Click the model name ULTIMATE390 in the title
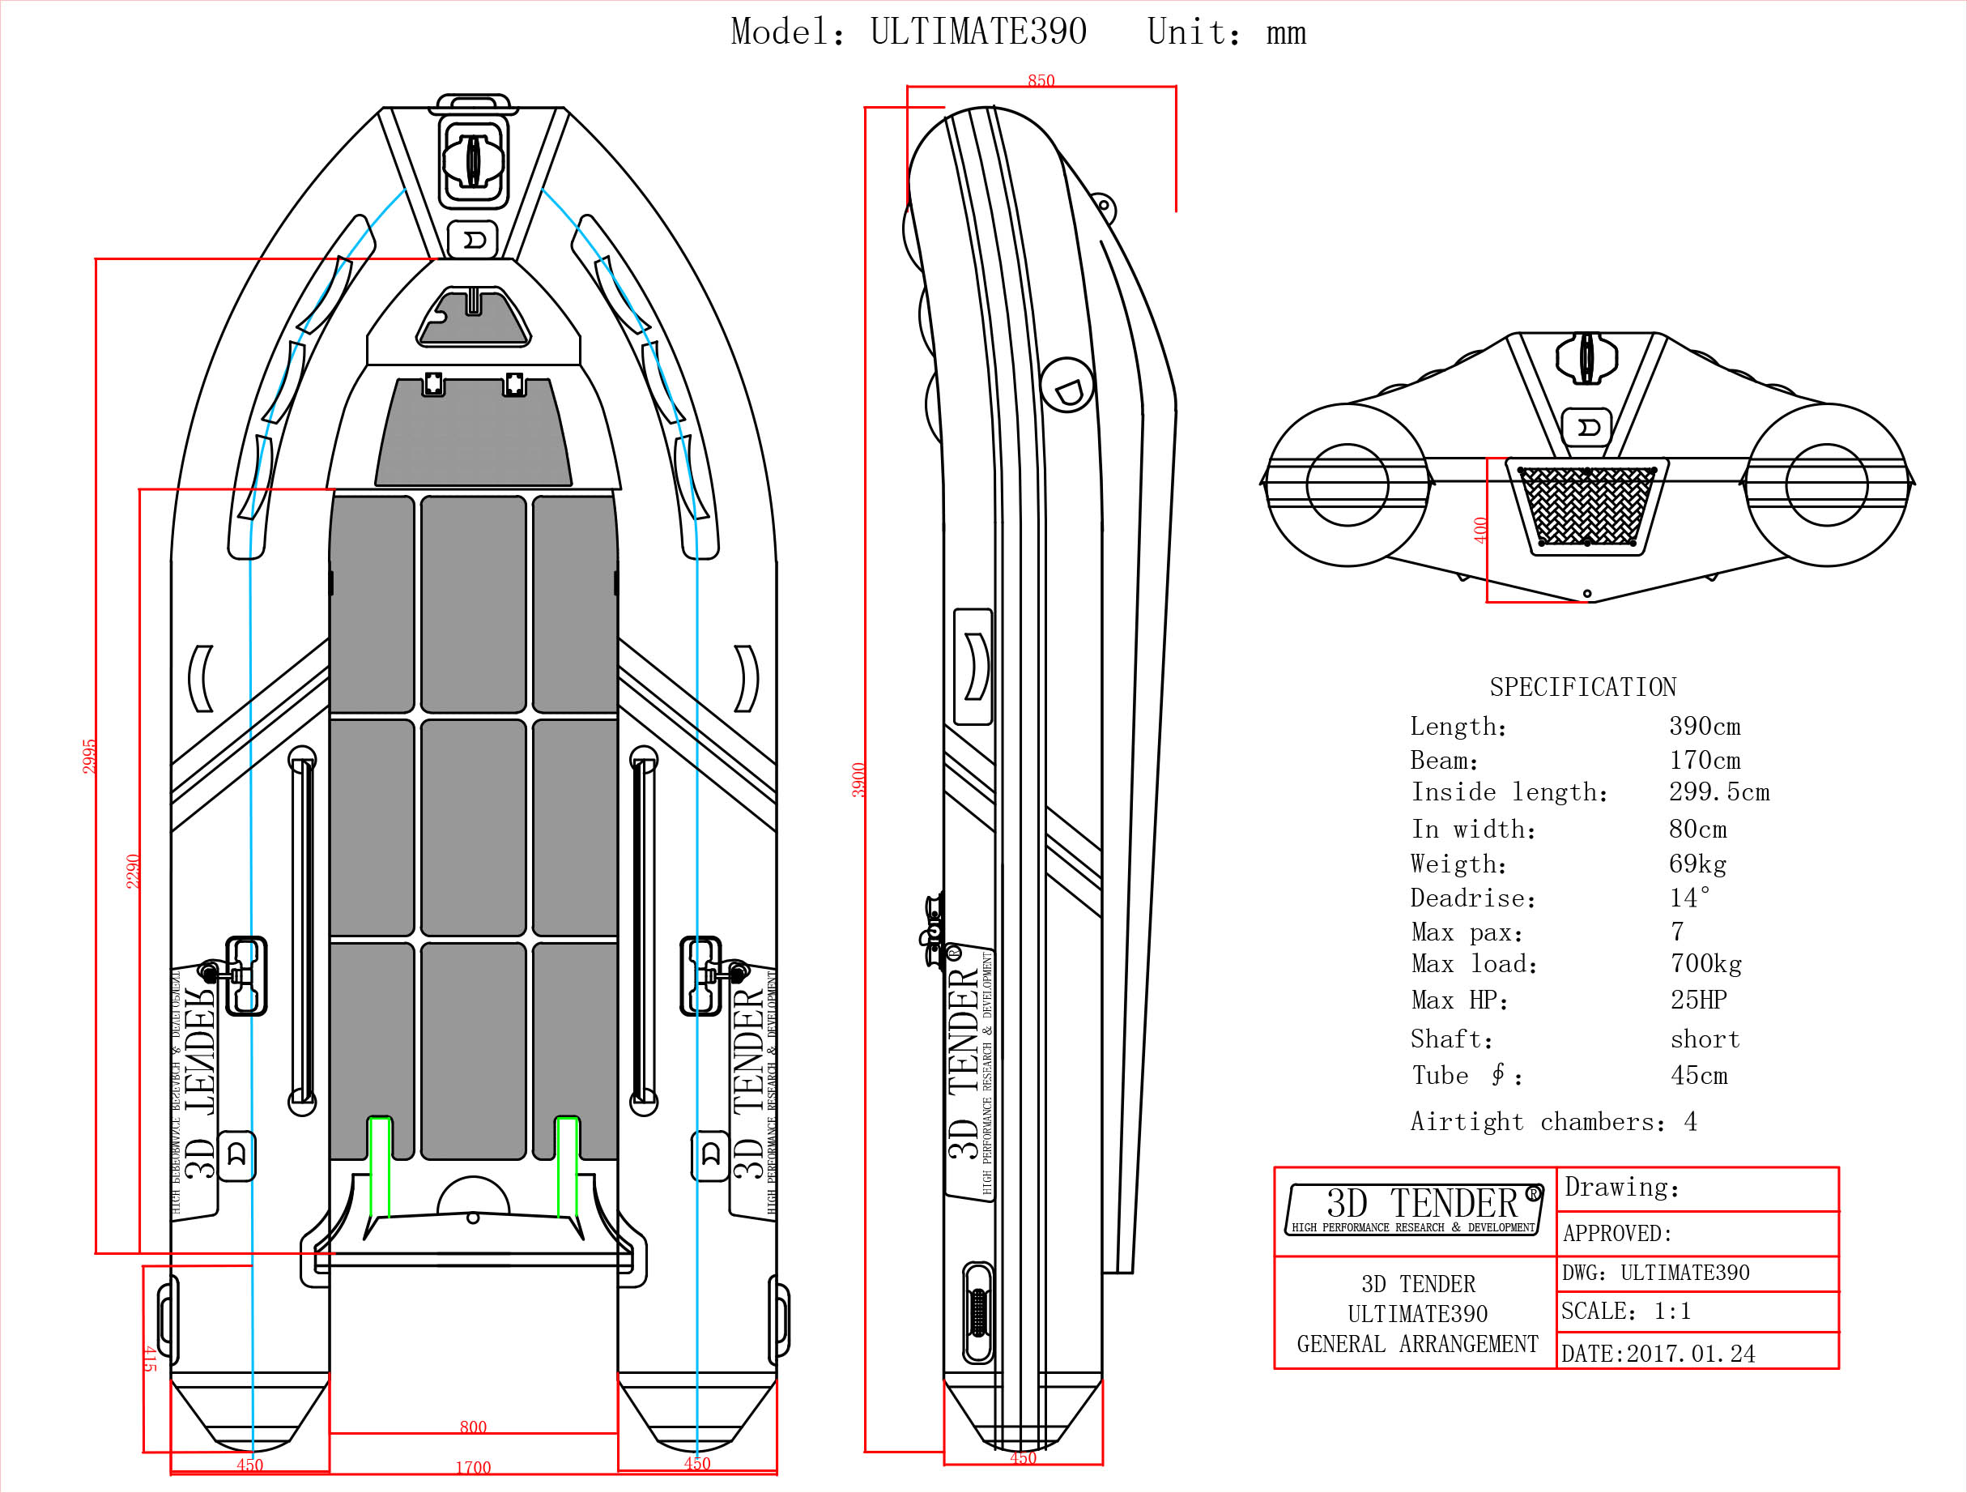(x=977, y=32)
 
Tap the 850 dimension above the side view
(x=1041, y=81)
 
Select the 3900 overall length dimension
(x=858, y=780)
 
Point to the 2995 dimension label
(x=89, y=757)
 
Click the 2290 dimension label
(x=133, y=871)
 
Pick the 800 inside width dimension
(x=473, y=1427)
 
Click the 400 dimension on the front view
(x=1480, y=531)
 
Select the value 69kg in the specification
(x=1697, y=864)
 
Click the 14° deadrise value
(x=1688, y=898)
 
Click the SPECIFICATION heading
(x=1582, y=687)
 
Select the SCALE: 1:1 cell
(x=1625, y=1311)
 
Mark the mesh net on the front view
(x=1586, y=506)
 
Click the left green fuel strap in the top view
(x=380, y=1167)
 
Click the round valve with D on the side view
(x=1067, y=384)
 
